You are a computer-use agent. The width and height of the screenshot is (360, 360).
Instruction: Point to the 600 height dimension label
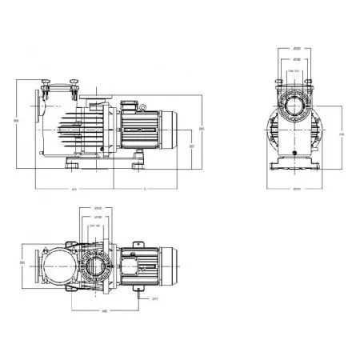16,121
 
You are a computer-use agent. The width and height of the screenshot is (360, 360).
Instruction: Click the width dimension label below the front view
296,190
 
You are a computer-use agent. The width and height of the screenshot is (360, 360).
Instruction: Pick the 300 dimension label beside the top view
23,262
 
